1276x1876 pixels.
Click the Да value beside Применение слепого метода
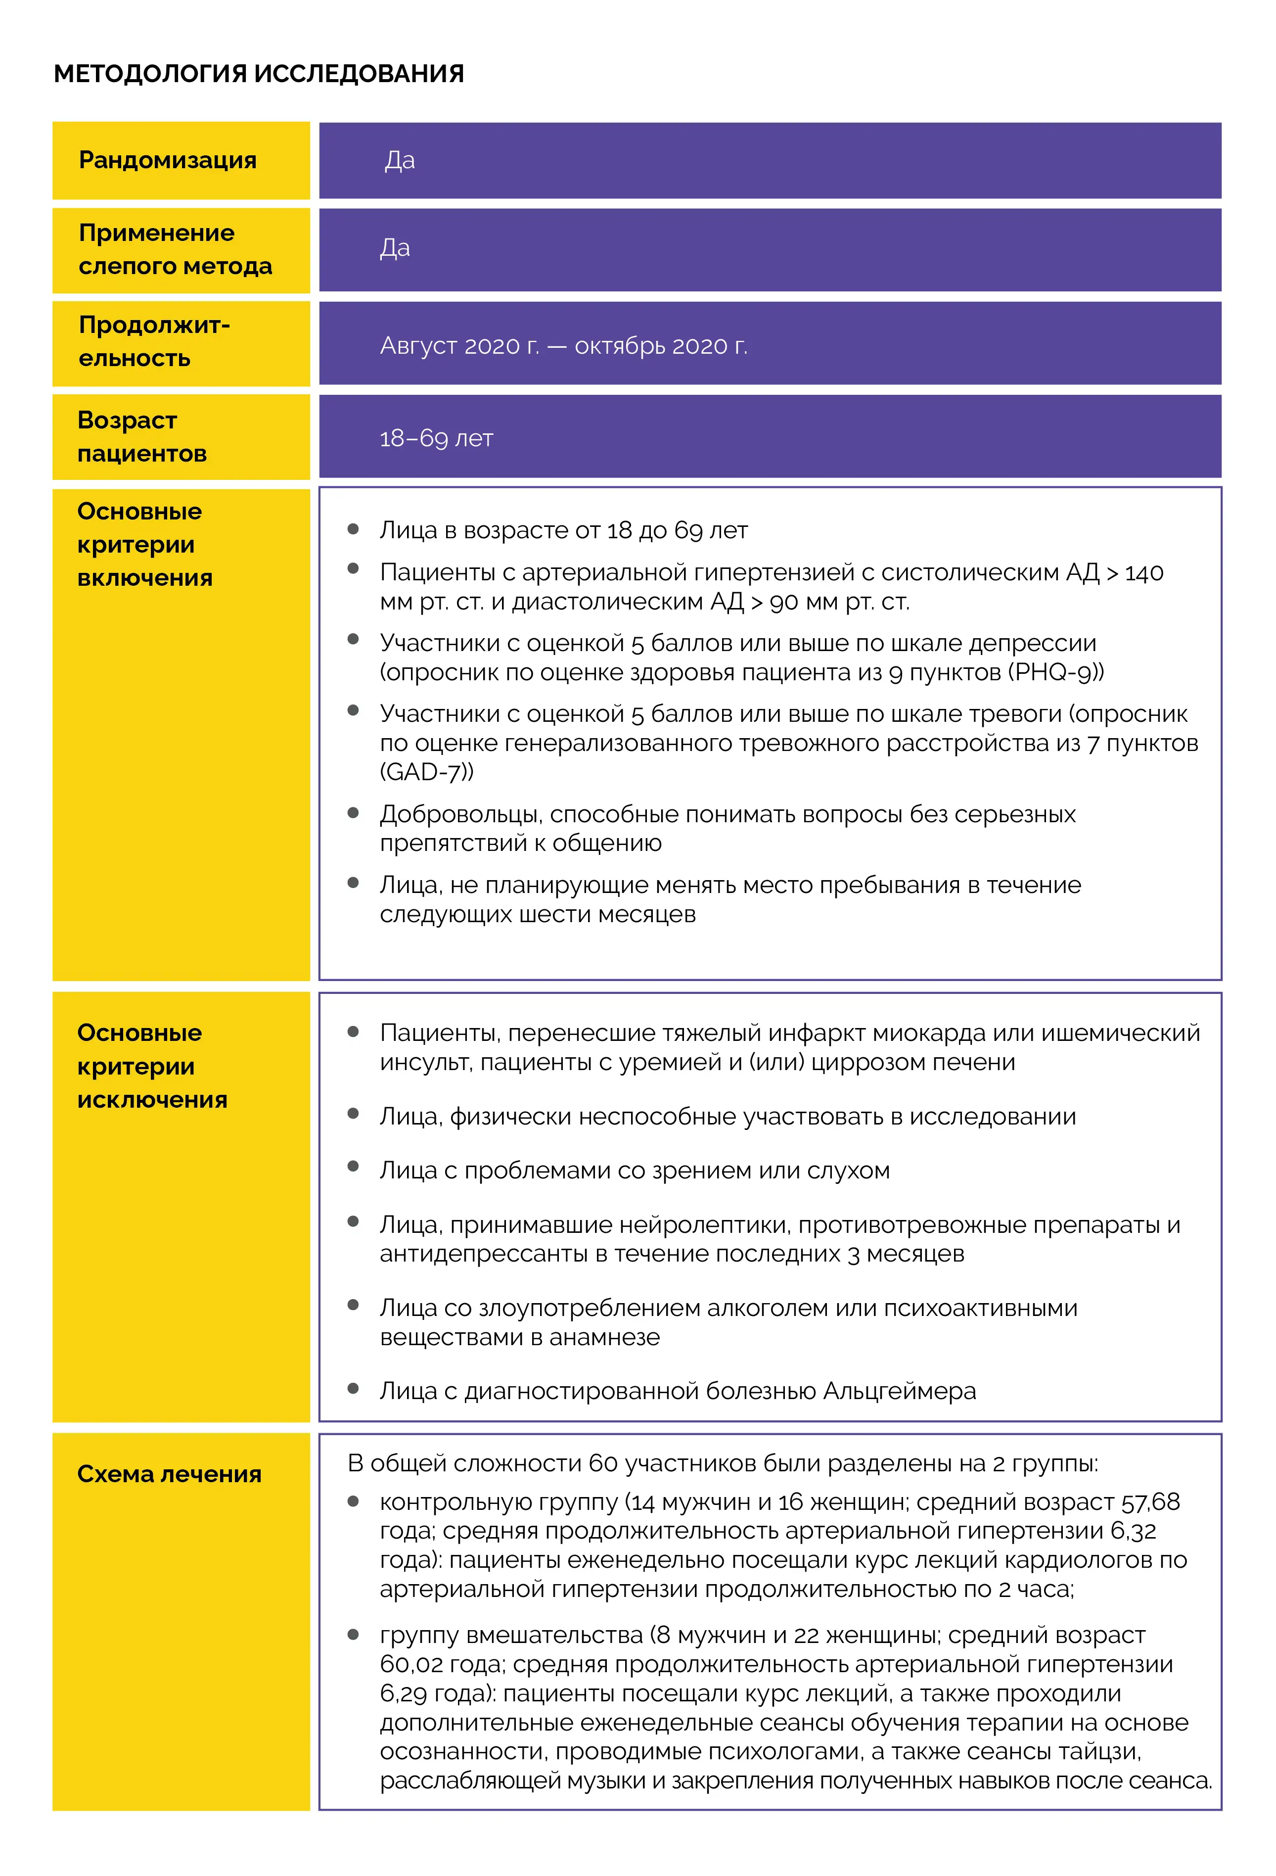coord(395,248)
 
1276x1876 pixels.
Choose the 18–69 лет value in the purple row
coord(436,438)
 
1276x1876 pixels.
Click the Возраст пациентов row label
coord(142,437)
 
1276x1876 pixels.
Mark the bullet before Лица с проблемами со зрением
coord(353,1167)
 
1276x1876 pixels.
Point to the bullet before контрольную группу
coord(353,1501)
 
